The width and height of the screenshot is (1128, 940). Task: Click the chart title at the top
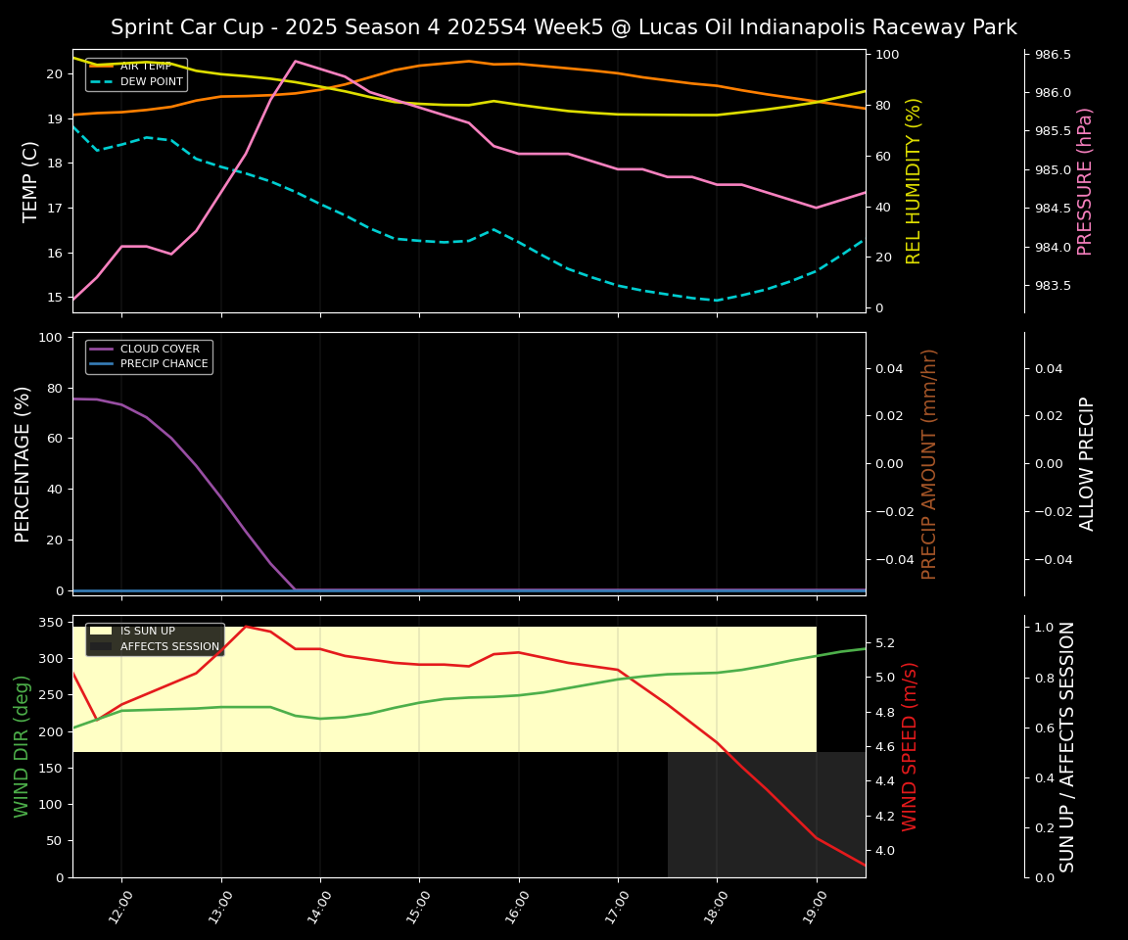(x=563, y=27)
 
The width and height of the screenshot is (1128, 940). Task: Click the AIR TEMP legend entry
(x=145, y=67)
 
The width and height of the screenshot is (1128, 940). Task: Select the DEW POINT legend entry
(x=151, y=82)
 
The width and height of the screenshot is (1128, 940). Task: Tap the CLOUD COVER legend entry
(x=160, y=349)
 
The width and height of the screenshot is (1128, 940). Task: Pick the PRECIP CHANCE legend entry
(x=164, y=364)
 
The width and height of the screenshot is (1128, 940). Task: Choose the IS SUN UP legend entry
(x=147, y=632)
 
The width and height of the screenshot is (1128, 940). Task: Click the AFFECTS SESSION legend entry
(x=169, y=647)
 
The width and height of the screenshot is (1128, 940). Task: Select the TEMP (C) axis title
(x=31, y=181)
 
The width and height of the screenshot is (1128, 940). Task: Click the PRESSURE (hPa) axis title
(x=1085, y=181)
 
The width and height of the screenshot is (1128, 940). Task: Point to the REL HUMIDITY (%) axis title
(x=915, y=181)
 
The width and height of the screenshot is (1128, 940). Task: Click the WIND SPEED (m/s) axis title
(x=911, y=746)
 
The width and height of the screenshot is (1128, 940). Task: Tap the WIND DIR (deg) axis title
(x=22, y=746)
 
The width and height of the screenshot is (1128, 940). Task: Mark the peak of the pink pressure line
(x=295, y=61)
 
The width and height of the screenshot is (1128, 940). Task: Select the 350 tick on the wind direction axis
(x=53, y=622)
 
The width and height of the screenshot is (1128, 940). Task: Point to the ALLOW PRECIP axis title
(x=1087, y=463)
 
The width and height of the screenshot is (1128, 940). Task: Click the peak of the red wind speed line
(x=246, y=626)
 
